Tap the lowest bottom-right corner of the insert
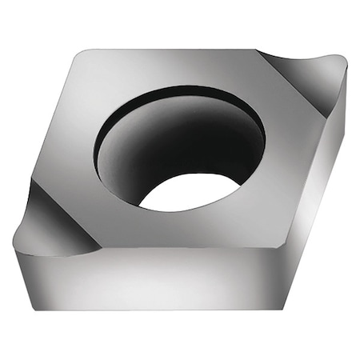point(284,309)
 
